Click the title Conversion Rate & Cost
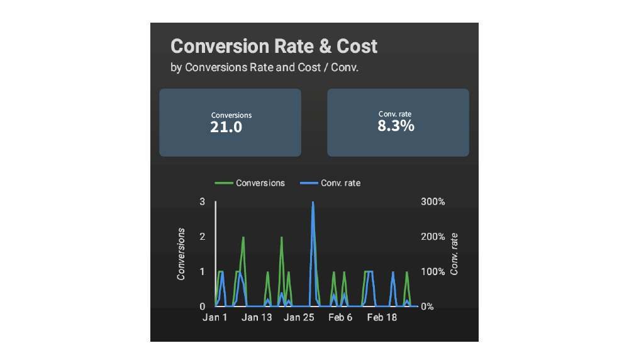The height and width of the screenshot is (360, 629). click(x=274, y=46)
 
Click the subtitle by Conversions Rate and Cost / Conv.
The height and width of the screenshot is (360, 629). click(x=264, y=67)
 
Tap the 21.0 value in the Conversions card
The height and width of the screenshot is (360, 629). click(x=226, y=127)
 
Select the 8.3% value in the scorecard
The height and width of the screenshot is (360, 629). click(x=396, y=125)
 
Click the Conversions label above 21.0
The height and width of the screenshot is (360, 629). click(x=231, y=115)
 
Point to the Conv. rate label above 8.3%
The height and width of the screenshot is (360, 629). click(x=396, y=114)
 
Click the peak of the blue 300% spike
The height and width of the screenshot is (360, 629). click(x=313, y=203)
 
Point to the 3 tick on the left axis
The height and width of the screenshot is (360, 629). click(x=203, y=202)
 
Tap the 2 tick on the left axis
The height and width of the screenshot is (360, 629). click(x=203, y=237)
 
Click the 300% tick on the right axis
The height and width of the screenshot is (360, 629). click(x=432, y=202)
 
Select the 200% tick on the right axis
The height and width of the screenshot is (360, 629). click(x=432, y=237)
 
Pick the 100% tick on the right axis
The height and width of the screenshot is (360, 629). click(x=432, y=272)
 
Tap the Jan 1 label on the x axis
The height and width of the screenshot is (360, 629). click(x=215, y=318)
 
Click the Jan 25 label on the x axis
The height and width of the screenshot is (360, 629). click(x=299, y=318)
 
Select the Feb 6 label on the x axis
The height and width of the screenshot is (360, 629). click(x=340, y=318)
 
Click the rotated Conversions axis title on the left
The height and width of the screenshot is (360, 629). click(x=181, y=254)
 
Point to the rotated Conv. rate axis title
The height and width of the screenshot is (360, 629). click(x=454, y=254)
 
